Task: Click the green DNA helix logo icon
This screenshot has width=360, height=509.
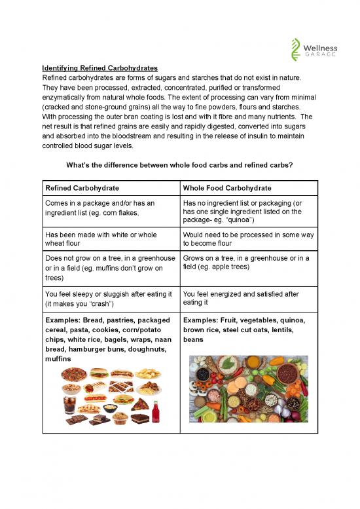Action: tap(296, 49)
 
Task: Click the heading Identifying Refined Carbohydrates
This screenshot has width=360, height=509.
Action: tap(103, 67)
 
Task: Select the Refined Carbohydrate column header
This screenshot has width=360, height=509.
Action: tap(82, 188)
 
